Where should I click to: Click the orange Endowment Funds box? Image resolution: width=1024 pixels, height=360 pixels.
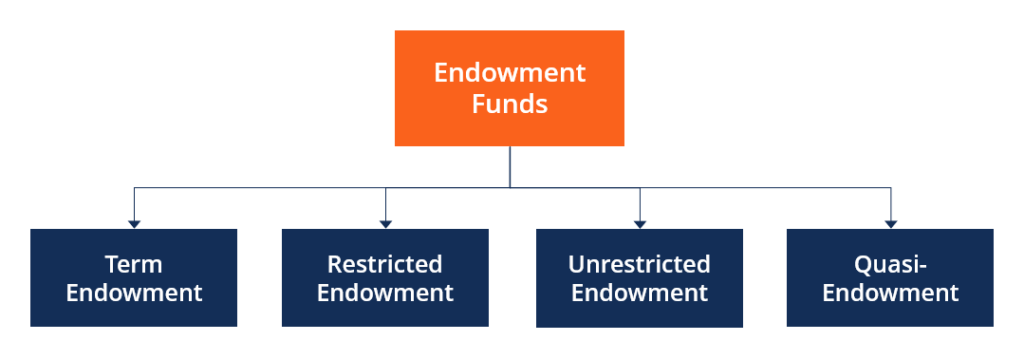(509, 88)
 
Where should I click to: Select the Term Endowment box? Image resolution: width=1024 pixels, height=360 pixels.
(133, 278)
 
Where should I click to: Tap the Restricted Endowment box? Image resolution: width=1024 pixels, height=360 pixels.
(385, 278)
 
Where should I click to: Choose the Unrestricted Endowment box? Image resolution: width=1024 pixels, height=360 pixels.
(639, 278)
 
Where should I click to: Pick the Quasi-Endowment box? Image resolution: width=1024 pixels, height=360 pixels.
(890, 278)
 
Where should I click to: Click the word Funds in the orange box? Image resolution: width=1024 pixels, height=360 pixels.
(509, 103)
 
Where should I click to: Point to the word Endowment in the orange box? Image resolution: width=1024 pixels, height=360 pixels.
(509, 73)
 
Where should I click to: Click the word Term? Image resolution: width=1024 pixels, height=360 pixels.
(133, 264)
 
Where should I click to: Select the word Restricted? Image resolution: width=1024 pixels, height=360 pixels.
(385, 264)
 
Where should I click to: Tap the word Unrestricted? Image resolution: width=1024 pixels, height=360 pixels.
(639, 264)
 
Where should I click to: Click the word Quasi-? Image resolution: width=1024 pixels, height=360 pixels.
(890, 264)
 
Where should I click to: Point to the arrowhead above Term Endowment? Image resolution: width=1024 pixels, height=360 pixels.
(133, 223)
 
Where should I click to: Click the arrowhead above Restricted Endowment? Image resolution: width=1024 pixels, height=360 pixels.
(385, 223)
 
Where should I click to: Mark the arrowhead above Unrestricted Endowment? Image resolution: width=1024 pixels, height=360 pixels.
(639, 223)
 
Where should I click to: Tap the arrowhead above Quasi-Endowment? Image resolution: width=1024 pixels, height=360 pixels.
(890, 223)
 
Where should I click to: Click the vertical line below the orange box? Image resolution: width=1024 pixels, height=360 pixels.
(510, 166)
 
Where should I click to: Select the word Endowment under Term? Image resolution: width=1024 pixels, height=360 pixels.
(133, 293)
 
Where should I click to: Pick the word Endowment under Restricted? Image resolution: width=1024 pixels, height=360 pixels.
(385, 293)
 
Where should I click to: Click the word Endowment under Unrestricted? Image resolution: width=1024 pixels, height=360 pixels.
(639, 293)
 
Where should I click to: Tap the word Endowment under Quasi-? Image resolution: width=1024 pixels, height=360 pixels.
(890, 293)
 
